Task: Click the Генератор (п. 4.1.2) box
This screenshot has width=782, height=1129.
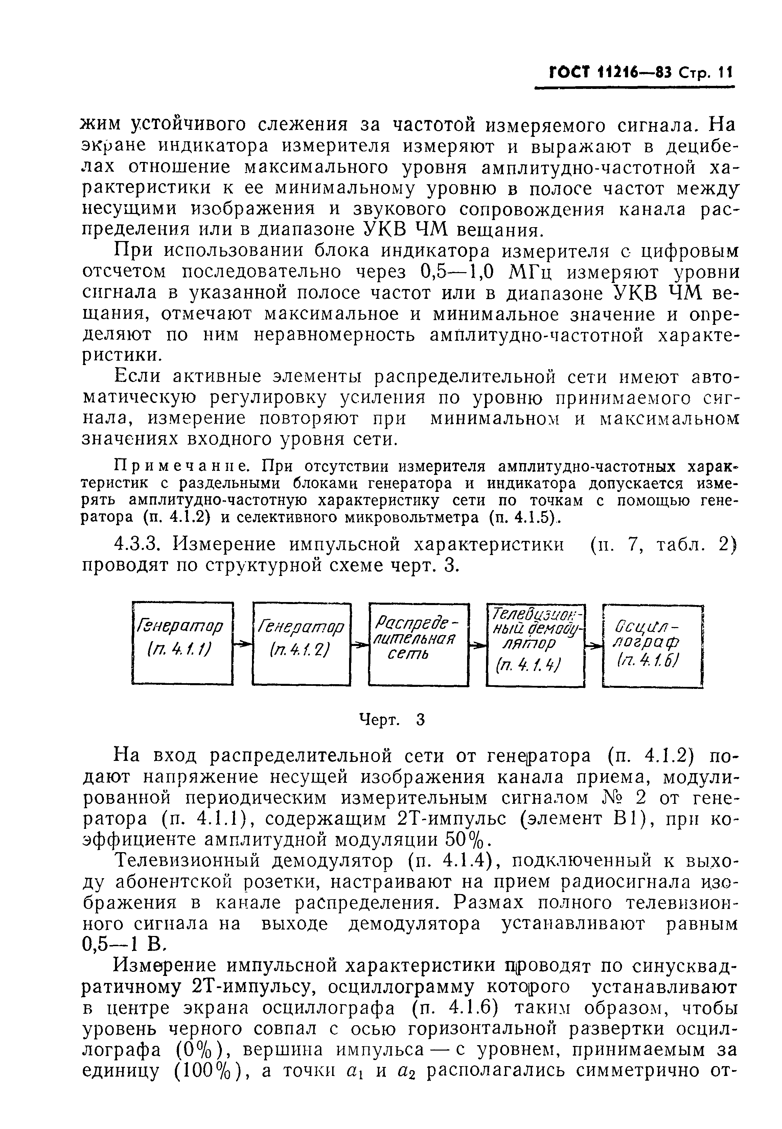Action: [302, 643]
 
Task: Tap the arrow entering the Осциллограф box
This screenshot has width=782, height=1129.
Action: [594, 647]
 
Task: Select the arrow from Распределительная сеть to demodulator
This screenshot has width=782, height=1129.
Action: [478, 647]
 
